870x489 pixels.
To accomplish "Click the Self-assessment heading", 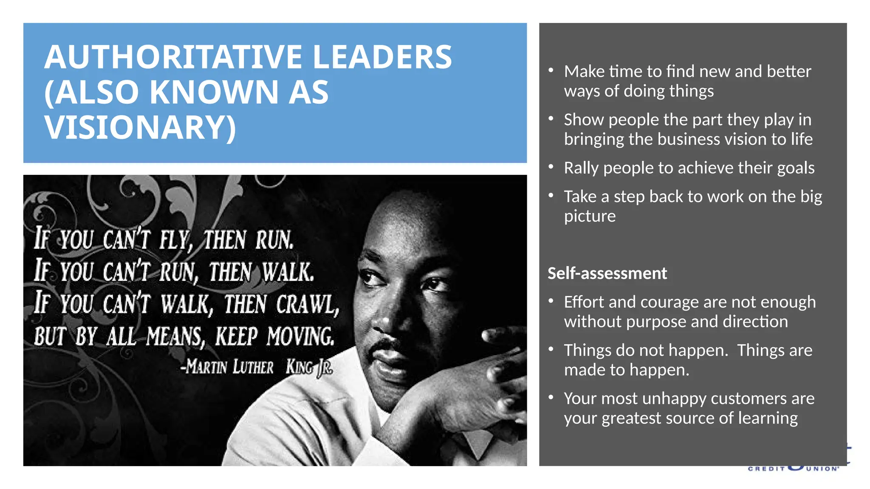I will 607,273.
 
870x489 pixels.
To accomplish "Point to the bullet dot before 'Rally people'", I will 551,167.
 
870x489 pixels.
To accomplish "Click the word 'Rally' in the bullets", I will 581,168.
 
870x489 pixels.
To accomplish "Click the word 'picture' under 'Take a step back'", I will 590,216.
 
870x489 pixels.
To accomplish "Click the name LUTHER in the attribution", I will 253,367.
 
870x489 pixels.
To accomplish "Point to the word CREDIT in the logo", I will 766,469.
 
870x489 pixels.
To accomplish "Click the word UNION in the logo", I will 822,469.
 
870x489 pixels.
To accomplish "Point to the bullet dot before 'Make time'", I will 551,70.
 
